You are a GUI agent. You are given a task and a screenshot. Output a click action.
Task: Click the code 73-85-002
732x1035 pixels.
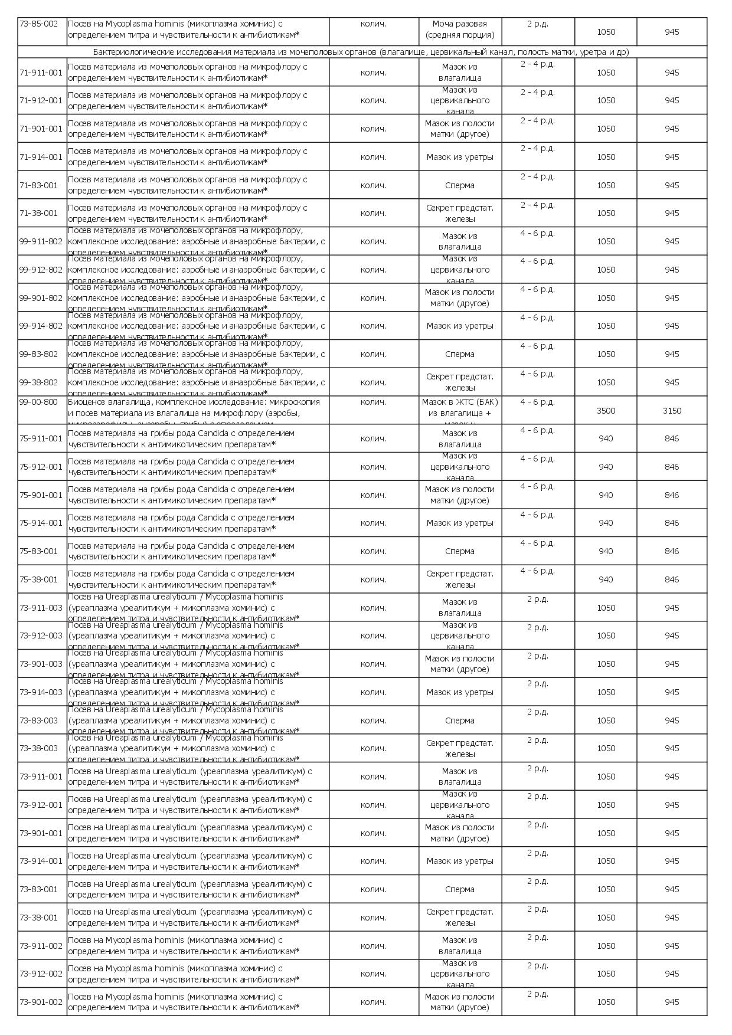tap(39, 24)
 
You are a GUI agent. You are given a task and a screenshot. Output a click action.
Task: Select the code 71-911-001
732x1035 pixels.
tap(41, 73)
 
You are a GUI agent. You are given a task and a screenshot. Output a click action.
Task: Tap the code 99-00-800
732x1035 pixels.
tap(39, 402)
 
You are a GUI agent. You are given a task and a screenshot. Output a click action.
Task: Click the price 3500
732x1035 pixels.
tap(606, 411)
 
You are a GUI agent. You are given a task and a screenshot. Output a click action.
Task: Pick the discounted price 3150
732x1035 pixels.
tap(672, 411)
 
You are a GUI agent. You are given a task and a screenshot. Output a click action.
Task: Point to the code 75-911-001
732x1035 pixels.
tap(41, 438)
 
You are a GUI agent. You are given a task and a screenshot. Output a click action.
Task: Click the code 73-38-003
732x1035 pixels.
tap(39, 748)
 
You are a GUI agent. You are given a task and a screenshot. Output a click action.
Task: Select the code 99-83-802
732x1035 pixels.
tap(39, 354)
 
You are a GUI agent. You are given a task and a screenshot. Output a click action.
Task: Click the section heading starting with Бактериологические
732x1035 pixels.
tap(361, 52)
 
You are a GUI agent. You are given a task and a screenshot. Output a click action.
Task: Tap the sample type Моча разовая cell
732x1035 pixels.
tap(460, 30)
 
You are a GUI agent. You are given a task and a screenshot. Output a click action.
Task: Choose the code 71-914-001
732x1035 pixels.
tap(41, 157)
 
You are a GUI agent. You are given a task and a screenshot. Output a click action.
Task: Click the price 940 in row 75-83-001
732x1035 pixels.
tap(606, 551)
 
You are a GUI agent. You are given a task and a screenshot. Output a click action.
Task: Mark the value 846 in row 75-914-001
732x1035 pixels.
tap(672, 523)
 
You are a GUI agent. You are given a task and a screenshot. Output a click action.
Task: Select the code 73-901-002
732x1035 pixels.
tap(41, 1002)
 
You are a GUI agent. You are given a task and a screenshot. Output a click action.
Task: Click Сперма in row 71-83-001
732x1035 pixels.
tap(460, 185)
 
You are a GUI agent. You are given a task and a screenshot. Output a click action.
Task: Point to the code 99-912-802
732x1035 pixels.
tap(41, 270)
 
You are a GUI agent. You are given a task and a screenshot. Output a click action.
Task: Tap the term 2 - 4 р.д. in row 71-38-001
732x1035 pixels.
tap(537, 205)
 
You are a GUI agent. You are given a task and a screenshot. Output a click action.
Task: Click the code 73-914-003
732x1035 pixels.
tap(41, 692)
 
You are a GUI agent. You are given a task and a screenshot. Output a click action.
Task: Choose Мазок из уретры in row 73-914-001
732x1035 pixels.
tap(460, 861)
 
